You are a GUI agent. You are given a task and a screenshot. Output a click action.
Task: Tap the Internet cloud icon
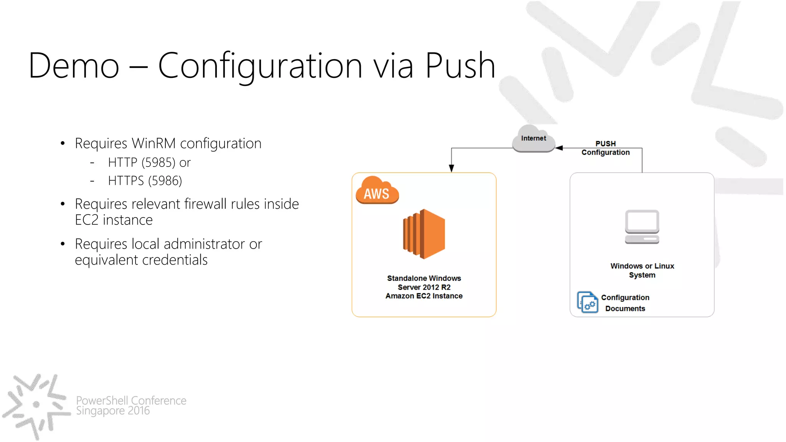click(x=533, y=139)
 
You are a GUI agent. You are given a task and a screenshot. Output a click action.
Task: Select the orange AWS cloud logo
click(x=377, y=191)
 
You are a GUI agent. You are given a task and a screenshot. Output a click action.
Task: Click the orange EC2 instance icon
click(x=424, y=234)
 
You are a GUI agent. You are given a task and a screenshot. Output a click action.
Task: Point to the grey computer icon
click(x=642, y=226)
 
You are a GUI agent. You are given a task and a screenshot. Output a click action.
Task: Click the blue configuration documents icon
click(x=587, y=302)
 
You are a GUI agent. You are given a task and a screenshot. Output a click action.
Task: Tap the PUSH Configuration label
click(x=605, y=148)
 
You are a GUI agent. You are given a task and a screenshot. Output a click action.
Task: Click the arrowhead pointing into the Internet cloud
click(x=559, y=148)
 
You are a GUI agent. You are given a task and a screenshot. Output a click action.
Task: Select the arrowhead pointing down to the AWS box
click(x=451, y=168)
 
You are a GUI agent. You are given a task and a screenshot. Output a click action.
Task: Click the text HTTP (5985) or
click(x=149, y=163)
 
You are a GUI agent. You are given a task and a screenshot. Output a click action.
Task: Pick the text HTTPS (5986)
click(x=145, y=181)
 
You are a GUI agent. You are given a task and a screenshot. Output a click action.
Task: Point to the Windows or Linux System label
click(x=642, y=270)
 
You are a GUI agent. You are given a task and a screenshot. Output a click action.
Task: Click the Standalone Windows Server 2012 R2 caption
click(x=424, y=287)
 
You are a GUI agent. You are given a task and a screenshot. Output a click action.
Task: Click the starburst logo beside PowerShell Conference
click(x=36, y=405)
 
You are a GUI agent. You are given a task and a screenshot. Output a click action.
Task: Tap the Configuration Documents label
click(x=625, y=303)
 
